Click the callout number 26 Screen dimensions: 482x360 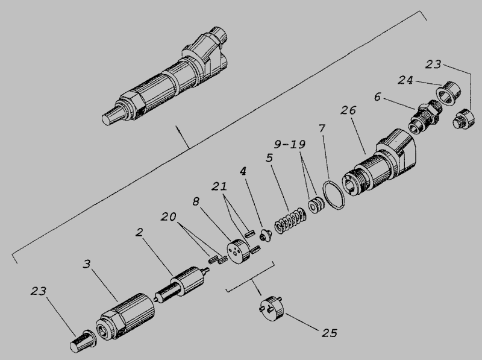[348, 110]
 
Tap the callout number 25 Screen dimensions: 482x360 [330, 333]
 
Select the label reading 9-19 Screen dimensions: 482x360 [290, 144]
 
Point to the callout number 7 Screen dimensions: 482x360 [322, 128]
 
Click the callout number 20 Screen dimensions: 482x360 [169, 216]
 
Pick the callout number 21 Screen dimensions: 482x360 [219, 186]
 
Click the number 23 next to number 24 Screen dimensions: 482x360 [433, 65]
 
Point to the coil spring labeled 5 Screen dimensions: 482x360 [290, 221]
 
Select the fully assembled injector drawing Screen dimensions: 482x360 [165, 77]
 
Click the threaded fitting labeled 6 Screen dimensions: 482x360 [425, 116]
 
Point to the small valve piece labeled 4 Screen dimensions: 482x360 [266, 236]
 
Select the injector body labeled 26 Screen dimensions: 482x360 [379, 163]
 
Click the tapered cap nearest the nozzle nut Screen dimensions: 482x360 [83, 341]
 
